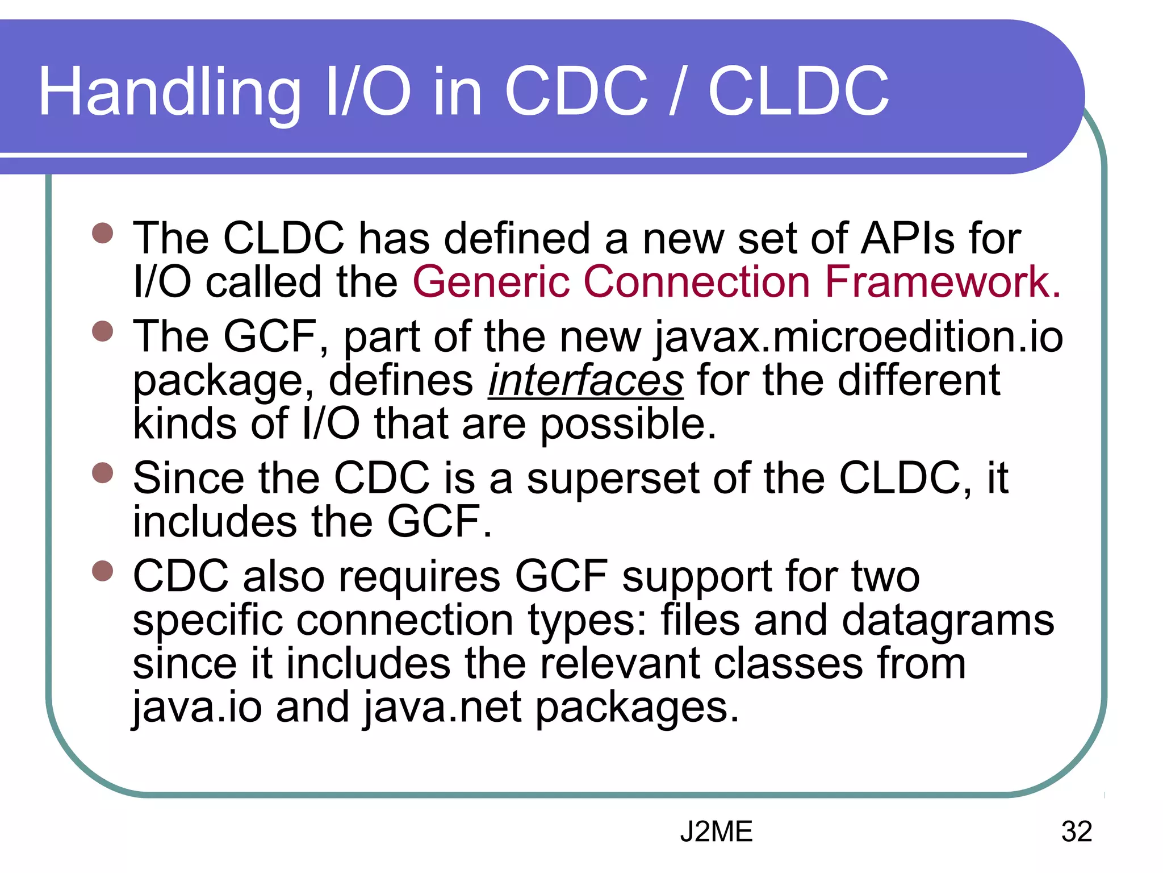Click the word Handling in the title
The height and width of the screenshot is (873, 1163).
click(x=169, y=92)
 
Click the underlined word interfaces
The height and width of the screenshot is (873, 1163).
click(x=585, y=380)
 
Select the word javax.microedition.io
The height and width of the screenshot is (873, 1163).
click(x=858, y=337)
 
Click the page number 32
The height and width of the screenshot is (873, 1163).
click(x=1076, y=832)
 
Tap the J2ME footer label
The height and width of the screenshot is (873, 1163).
click(x=716, y=832)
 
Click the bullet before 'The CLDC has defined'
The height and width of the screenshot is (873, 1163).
click(x=103, y=233)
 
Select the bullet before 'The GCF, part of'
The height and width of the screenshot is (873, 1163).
click(x=103, y=331)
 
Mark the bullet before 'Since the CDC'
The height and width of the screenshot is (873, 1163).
click(x=103, y=473)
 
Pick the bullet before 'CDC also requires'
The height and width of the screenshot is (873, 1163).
click(x=103, y=571)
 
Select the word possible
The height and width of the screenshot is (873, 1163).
click(x=627, y=424)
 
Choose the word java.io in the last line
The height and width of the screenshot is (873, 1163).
click(x=197, y=707)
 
